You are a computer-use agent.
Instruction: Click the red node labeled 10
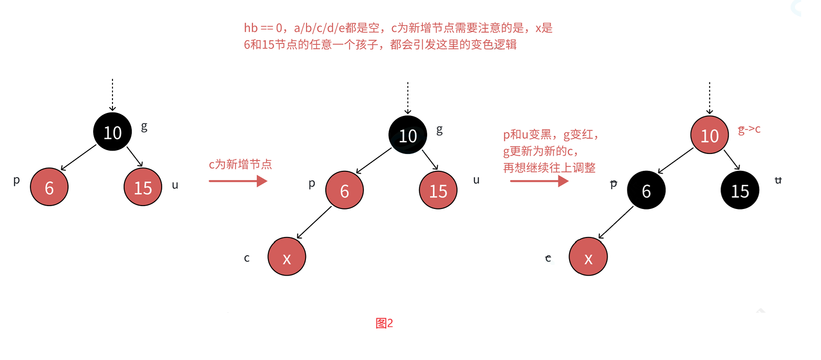tap(709, 135)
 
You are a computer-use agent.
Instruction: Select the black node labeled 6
tap(646, 191)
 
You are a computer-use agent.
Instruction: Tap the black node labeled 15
tap(739, 191)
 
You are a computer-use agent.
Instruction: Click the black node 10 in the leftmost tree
tap(112, 132)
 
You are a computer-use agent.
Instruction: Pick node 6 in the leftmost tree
tap(49, 187)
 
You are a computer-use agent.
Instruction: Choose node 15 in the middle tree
tap(438, 191)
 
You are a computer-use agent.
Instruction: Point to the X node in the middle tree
tap(287, 257)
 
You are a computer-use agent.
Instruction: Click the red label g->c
tap(749, 129)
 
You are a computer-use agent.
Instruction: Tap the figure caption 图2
tap(384, 323)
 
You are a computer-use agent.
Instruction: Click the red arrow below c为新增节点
tap(238, 181)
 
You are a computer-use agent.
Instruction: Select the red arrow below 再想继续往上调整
tap(539, 181)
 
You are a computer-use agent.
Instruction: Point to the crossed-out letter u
tap(778, 180)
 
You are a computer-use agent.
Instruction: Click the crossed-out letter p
tap(613, 184)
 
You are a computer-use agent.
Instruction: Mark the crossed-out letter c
tap(548, 258)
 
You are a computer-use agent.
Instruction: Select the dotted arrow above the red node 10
tap(710, 98)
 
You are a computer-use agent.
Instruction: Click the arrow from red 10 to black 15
tap(732, 160)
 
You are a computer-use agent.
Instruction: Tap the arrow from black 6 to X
tap(615, 223)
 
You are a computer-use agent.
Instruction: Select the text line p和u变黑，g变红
tap(551, 135)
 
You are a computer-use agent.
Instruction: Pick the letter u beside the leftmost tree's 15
tap(175, 185)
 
